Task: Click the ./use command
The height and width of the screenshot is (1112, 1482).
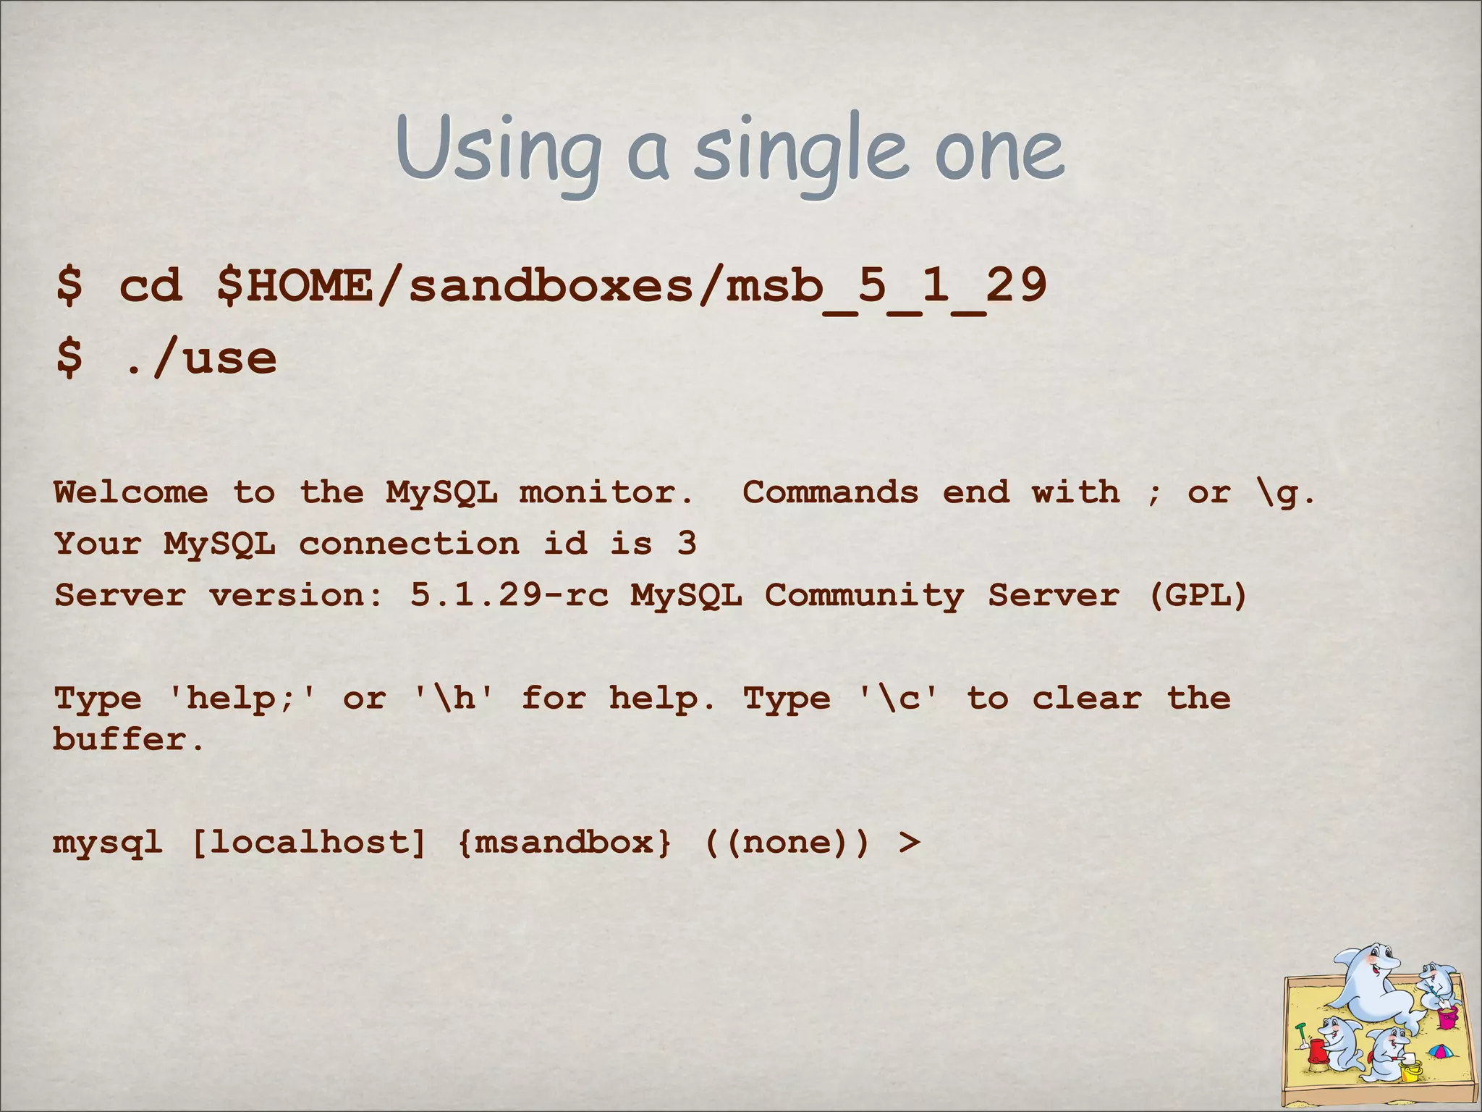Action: [198, 358]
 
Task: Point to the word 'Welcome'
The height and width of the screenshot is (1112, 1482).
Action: [131, 492]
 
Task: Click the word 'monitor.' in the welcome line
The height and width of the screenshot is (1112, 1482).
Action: [606, 492]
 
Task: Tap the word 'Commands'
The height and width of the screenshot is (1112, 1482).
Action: [831, 492]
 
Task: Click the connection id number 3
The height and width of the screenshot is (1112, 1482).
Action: [687, 543]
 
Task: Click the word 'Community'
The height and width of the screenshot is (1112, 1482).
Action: [864, 595]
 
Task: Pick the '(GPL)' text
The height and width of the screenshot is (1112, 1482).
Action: [1198, 595]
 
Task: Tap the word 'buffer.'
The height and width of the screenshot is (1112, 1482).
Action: [130, 740]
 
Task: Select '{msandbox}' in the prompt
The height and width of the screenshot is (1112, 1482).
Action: [564, 842]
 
